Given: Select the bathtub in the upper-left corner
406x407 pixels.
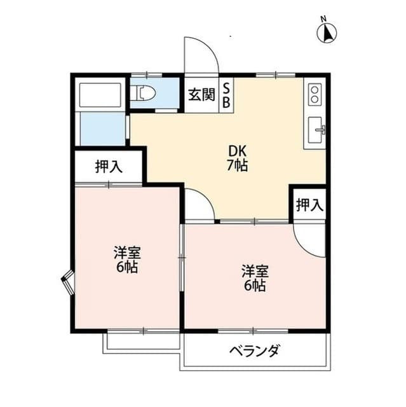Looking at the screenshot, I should [99, 95].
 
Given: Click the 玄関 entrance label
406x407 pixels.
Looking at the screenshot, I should [201, 96].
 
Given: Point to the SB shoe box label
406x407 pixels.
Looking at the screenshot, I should [226, 96].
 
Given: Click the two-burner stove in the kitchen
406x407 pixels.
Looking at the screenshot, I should [314, 95].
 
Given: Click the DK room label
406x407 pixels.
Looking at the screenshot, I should [238, 152].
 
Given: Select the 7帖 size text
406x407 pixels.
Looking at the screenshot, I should [238, 166].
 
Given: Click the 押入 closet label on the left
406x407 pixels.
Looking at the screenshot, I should [108, 167].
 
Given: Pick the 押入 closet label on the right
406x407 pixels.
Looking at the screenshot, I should [309, 205].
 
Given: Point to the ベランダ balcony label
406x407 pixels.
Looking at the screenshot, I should [254, 351].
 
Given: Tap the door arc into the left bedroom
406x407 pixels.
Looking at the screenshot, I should [197, 205].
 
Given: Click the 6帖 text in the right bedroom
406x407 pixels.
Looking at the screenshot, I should [254, 286].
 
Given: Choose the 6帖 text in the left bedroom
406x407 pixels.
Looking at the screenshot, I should [126, 266].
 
